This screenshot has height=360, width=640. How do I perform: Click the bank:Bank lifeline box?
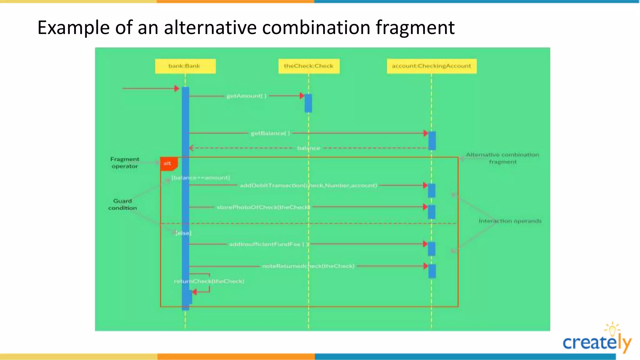(x=185, y=66)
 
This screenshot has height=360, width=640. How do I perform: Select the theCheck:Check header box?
(x=308, y=66)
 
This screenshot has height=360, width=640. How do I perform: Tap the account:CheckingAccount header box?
(x=432, y=66)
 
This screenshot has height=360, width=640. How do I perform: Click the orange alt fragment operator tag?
(x=168, y=163)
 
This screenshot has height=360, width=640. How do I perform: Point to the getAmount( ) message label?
(x=247, y=96)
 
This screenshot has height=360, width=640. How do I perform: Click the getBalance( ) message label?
(x=270, y=133)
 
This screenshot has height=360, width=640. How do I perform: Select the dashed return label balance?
(x=308, y=148)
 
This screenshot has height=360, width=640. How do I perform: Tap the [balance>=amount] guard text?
(x=201, y=178)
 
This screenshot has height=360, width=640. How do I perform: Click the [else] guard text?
(x=183, y=233)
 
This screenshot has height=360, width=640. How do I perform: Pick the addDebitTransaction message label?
(x=308, y=185)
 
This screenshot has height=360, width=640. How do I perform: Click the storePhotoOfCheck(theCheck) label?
(x=263, y=207)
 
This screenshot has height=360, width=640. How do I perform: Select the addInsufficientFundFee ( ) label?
(x=269, y=244)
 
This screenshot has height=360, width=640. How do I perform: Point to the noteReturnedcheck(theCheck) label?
(x=308, y=266)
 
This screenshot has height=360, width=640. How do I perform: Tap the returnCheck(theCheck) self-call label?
(x=209, y=281)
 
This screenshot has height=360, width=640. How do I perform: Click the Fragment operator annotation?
(x=125, y=162)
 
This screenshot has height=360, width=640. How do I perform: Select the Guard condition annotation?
(x=122, y=204)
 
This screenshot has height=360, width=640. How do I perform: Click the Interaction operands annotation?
(x=510, y=221)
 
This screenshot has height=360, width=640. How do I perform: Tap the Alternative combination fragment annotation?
(x=502, y=158)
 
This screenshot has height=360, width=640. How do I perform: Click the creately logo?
(x=597, y=341)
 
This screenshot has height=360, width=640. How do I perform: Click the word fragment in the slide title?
(x=415, y=27)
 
